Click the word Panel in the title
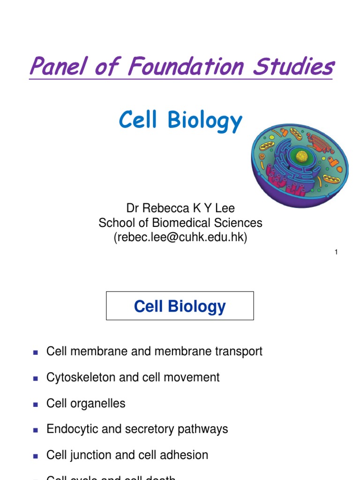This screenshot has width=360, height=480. tap(52, 66)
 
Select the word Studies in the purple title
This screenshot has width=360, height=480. tap(293, 66)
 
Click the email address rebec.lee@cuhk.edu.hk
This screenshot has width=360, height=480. tap(180, 238)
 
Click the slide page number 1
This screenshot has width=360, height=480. tap(336, 253)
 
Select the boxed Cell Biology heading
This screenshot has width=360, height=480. tap(180, 306)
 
